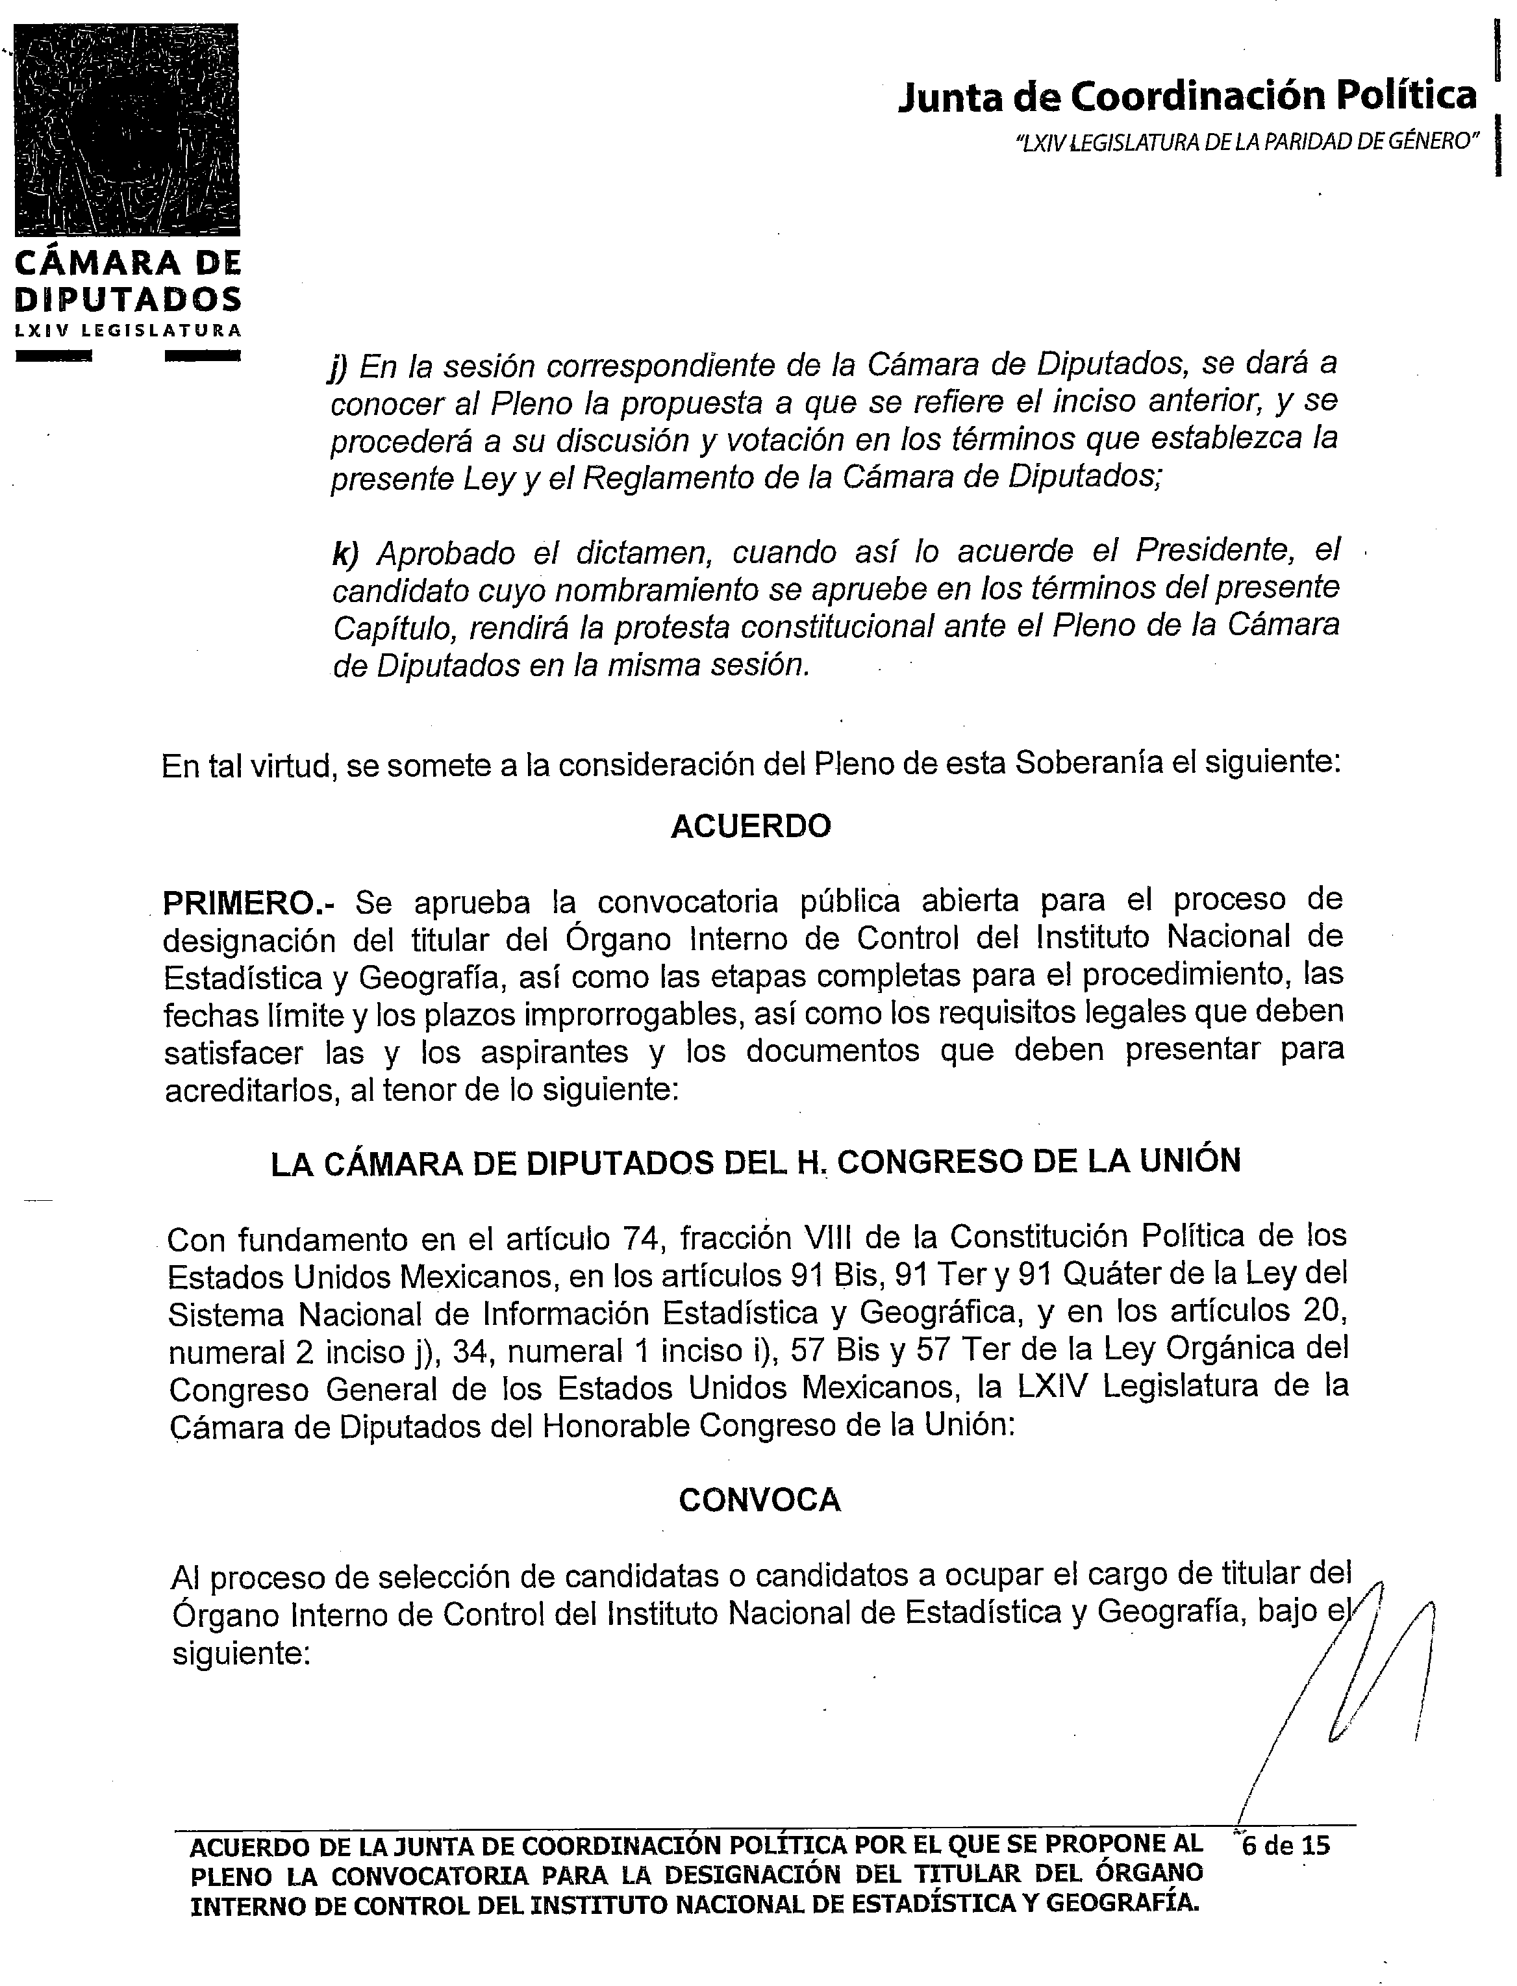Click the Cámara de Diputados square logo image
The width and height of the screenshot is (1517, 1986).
pyautogui.click(x=127, y=129)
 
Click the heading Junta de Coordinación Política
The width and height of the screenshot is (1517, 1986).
pyautogui.click(x=1186, y=97)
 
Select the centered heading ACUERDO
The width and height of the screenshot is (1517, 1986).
pyautogui.click(x=750, y=826)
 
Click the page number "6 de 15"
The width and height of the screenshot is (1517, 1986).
pyautogui.click(x=1286, y=1845)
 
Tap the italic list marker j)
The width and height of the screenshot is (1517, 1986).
pyautogui.click(x=338, y=367)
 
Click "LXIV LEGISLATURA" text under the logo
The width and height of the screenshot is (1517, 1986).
pyautogui.click(x=127, y=330)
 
